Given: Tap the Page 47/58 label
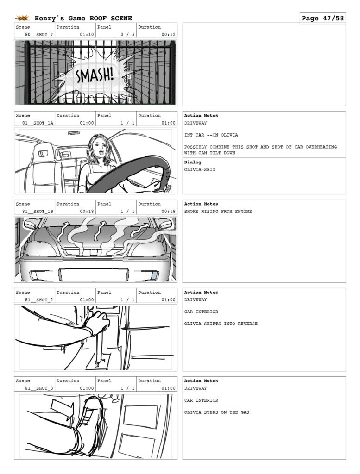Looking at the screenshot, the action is (x=322, y=18).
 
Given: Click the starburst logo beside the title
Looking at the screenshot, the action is (x=22, y=18).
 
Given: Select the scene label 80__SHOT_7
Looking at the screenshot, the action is (x=39, y=34).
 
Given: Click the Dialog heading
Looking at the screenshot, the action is (x=192, y=162).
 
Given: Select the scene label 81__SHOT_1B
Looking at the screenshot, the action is (x=38, y=211).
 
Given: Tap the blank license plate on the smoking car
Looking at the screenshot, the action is (x=94, y=274).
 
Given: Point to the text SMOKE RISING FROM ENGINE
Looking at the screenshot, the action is (x=218, y=211).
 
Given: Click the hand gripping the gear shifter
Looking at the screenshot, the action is (x=97, y=322).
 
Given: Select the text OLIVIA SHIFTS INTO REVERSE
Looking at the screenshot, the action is (x=221, y=324).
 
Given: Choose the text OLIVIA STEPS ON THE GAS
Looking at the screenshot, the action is (x=217, y=412).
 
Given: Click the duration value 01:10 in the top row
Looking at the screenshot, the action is (x=87, y=34).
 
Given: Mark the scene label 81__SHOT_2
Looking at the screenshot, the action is (x=39, y=300).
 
